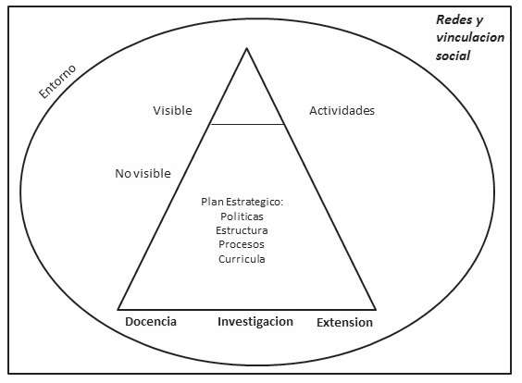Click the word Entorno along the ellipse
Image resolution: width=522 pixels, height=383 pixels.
tap(57, 81)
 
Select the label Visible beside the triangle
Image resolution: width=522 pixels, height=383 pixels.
tap(172, 110)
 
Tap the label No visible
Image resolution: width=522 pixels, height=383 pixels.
tap(143, 173)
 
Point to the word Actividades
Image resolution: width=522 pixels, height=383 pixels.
tap(342, 110)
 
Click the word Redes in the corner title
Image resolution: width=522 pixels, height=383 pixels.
tap(454, 20)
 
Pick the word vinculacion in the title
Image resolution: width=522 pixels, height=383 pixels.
tap(470, 37)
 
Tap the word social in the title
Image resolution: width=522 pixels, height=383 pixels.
tap(453, 56)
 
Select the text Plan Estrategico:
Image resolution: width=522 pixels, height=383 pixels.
tap(242, 202)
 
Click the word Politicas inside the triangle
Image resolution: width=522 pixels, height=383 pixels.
tap(242, 216)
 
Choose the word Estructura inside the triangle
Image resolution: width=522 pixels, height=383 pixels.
tap(242, 230)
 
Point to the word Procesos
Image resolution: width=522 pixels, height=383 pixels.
tap(242, 244)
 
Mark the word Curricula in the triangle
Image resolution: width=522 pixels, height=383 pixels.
tap(242, 259)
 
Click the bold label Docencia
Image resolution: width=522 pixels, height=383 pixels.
tap(151, 321)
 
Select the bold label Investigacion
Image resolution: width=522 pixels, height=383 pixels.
tap(255, 322)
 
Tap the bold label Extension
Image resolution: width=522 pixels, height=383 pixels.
tap(344, 323)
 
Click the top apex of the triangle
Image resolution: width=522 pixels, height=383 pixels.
tap(247, 49)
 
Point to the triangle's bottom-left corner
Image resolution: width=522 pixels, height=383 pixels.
tap(118, 310)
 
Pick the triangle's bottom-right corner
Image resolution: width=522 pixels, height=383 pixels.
tap(376, 310)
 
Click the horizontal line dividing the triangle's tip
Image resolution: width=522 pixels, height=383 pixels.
tap(247, 125)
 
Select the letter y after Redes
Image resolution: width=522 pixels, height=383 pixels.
tap(479, 21)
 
